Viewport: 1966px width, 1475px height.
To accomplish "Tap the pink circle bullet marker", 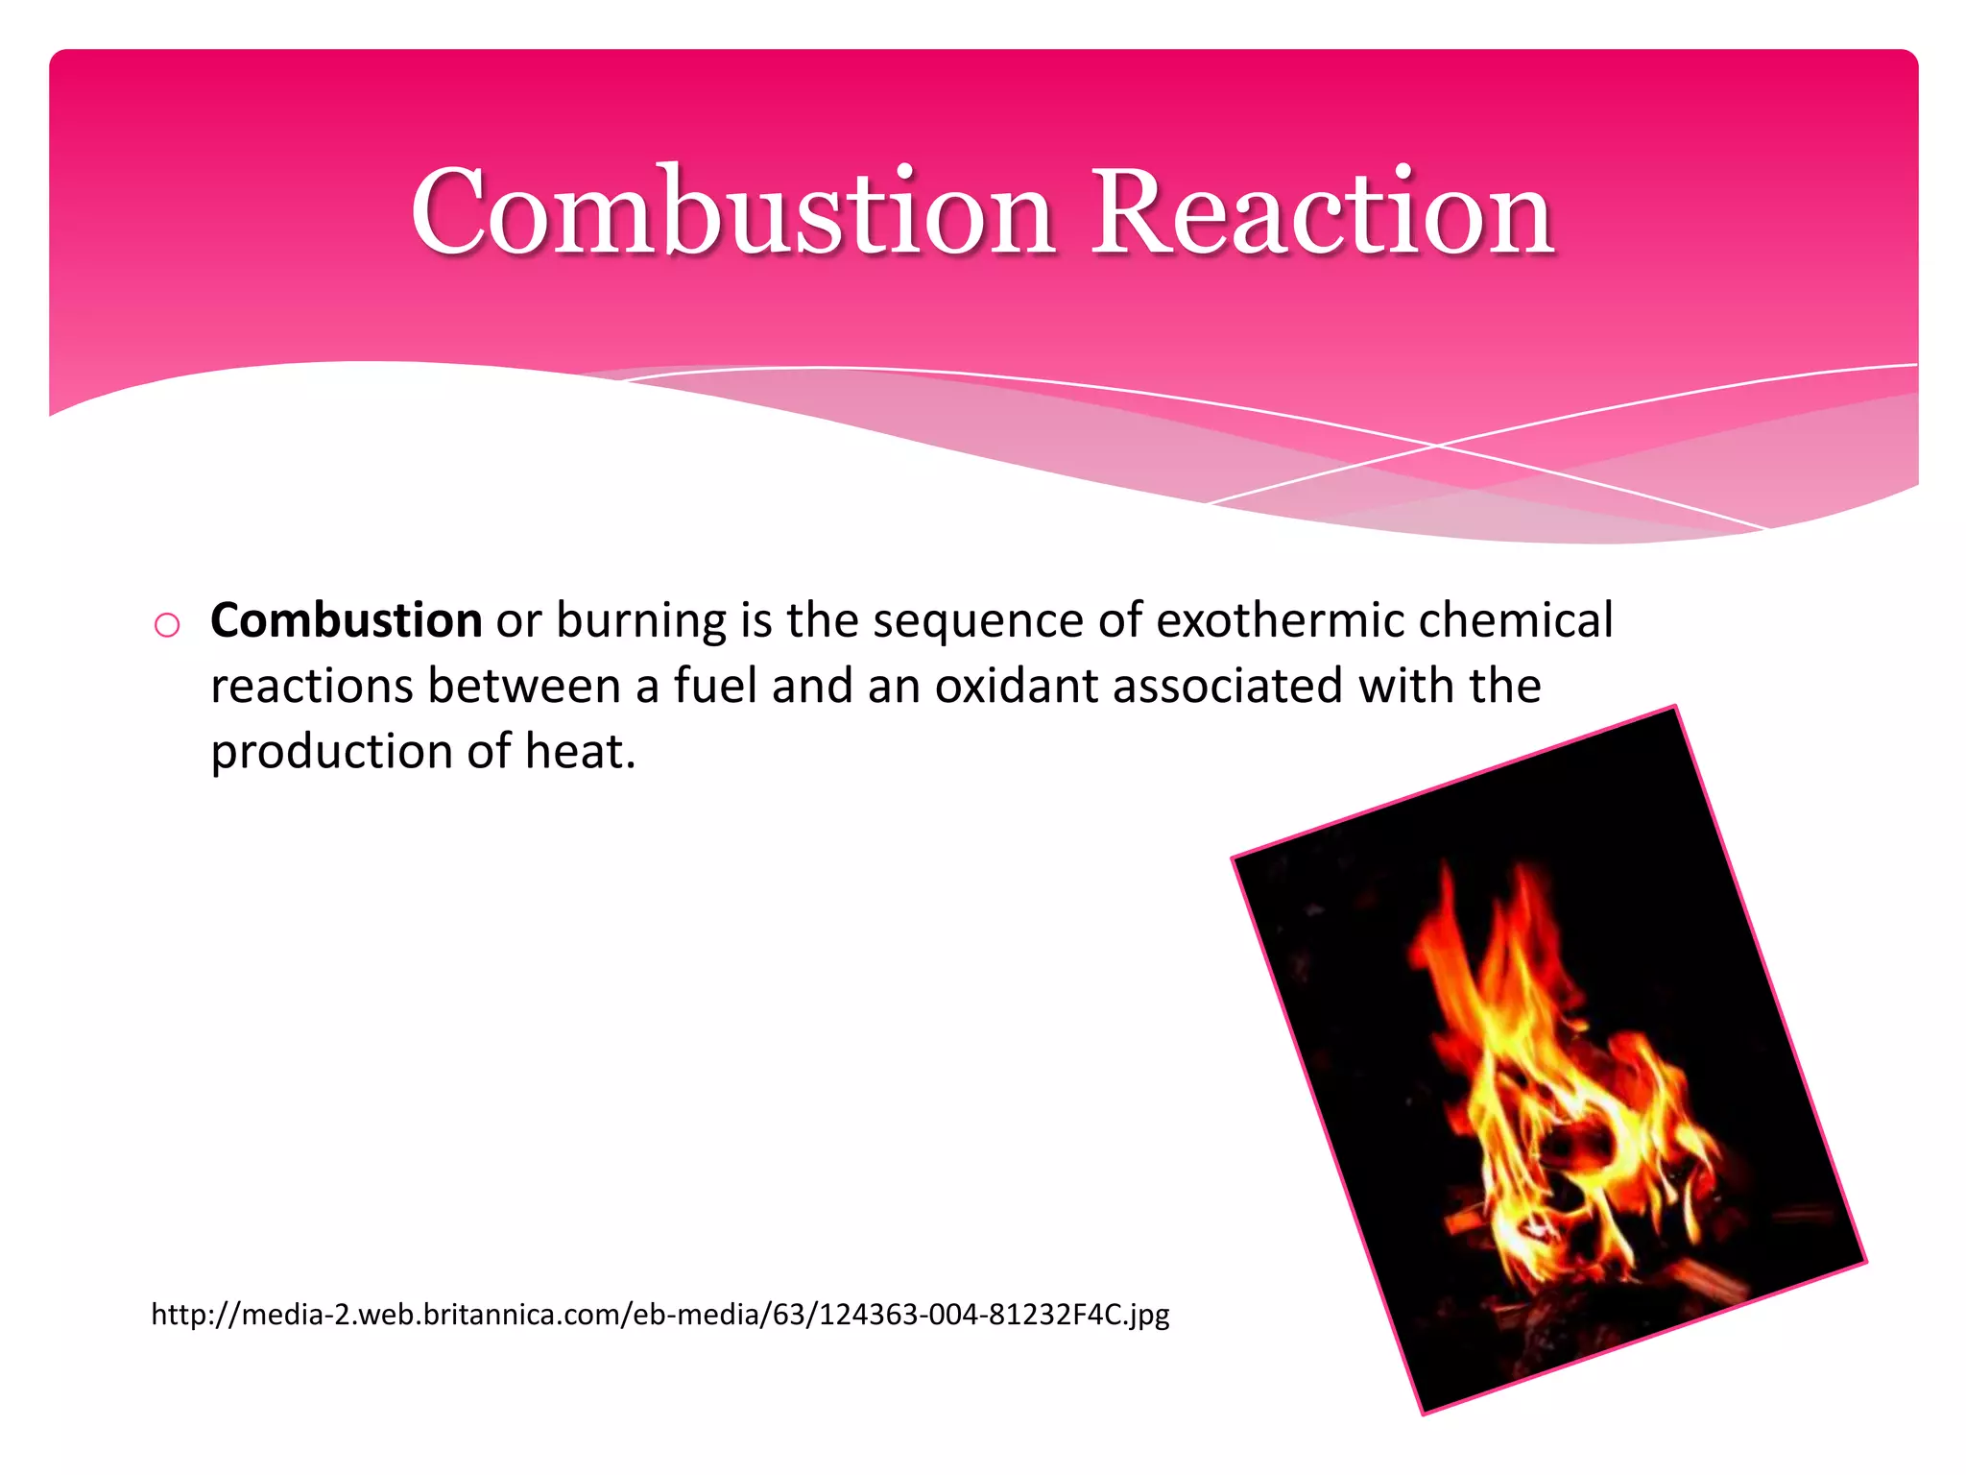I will tap(167, 625).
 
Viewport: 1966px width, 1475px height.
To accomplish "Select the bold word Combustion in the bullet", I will tap(346, 620).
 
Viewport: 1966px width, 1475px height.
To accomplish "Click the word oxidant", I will tap(1017, 686).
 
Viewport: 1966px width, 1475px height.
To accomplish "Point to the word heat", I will tap(579, 750).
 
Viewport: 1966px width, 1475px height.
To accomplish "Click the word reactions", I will tap(311, 686).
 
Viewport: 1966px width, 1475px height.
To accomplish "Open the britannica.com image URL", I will tap(660, 1314).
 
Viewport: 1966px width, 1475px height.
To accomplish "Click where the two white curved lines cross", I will tap(1437, 446).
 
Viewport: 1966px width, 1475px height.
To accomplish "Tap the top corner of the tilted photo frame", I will tap(1674, 707).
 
